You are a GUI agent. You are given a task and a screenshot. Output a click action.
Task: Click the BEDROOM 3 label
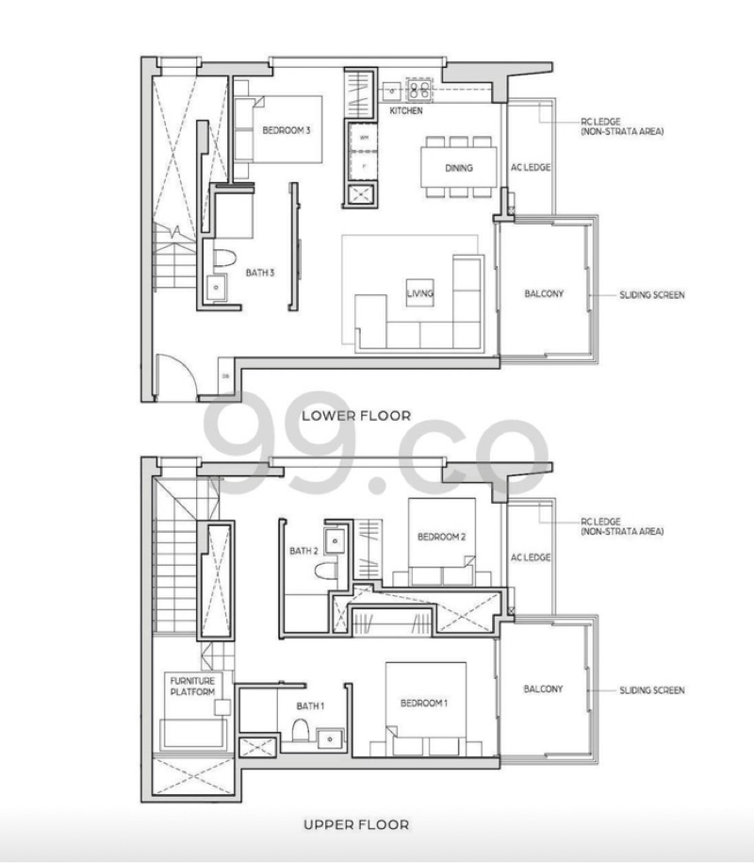286,131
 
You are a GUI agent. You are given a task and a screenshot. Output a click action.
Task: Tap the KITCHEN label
406,111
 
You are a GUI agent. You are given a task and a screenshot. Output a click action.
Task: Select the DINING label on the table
459,168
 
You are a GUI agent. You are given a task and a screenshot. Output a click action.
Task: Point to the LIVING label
419,293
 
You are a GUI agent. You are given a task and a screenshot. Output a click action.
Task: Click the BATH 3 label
261,274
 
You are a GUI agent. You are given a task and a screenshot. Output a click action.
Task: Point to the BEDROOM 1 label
424,703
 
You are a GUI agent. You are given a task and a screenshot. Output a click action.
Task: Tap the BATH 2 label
303,551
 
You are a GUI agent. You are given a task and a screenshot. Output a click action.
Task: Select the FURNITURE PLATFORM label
192,686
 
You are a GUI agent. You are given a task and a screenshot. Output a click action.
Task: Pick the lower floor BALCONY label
544,293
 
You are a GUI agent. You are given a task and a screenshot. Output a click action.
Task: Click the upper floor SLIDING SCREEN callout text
651,690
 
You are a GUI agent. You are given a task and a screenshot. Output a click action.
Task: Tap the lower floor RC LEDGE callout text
622,126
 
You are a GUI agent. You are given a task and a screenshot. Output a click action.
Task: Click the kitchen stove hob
418,91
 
